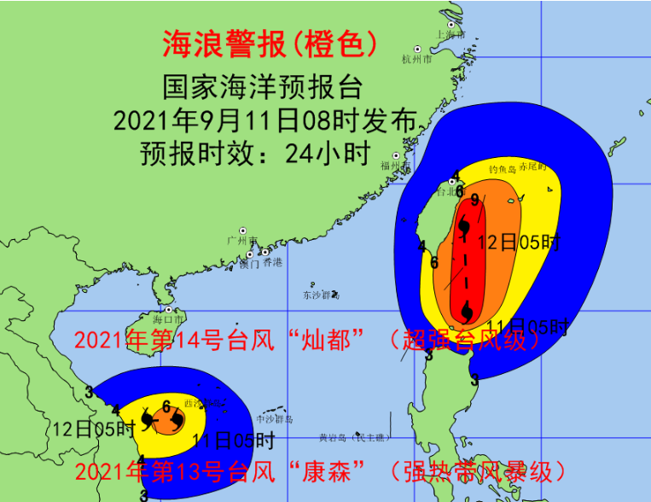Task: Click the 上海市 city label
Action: pos(450,35)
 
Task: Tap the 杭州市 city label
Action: pos(416,60)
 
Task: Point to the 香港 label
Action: pos(272,262)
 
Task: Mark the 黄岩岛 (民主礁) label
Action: pos(354,438)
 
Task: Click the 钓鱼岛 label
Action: pos(503,169)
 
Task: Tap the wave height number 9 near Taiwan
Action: pos(474,200)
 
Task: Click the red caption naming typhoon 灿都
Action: pos(308,341)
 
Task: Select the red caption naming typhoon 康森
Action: pos(320,470)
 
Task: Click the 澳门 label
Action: pos(249,264)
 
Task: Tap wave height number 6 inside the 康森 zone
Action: pos(166,406)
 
